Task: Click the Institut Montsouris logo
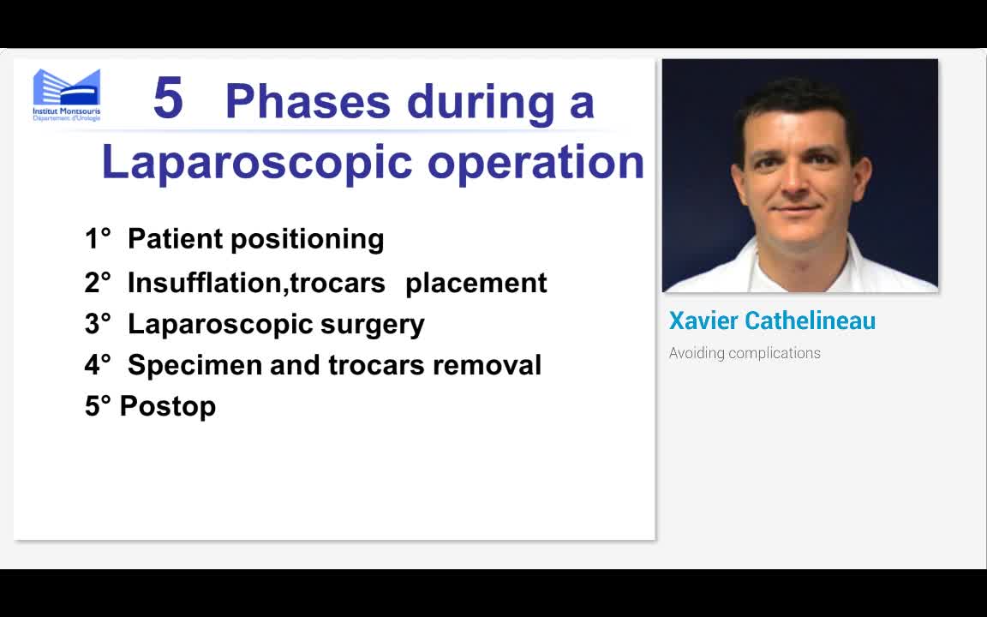pyautogui.click(x=67, y=94)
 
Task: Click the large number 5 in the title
pyautogui.click(x=168, y=99)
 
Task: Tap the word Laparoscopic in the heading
pyautogui.click(x=259, y=162)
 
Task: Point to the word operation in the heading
pyautogui.click(x=535, y=162)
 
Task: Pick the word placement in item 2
pyautogui.click(x=476, y=283)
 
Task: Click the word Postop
pyautogui.click(x=168, y=406)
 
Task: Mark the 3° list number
pyautogui.click(x=98, y=324)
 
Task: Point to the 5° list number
pyautogui.click(x=98, y=406)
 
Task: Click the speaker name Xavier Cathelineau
pyautogui.click(x=771, y=321)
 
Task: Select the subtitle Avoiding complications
pyautogui.click(x=744, y=353)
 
